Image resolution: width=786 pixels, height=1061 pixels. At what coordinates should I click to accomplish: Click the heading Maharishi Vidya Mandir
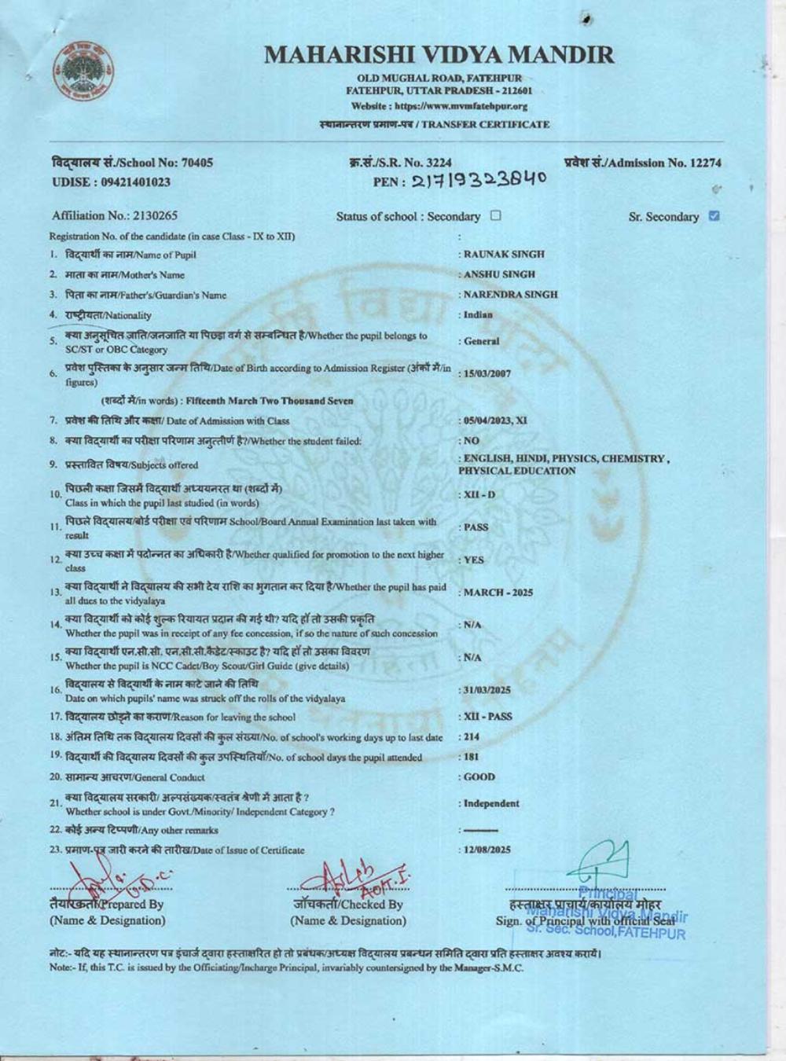coord(439,55)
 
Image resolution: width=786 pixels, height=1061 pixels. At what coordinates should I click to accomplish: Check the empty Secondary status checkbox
coord(495,215)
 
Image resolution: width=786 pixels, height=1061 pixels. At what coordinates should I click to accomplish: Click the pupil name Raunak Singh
coord(504,255)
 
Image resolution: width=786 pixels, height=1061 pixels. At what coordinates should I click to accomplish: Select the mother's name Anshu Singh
coord(499,274)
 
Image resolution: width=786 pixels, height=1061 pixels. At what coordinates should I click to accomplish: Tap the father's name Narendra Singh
coord(510,295)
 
